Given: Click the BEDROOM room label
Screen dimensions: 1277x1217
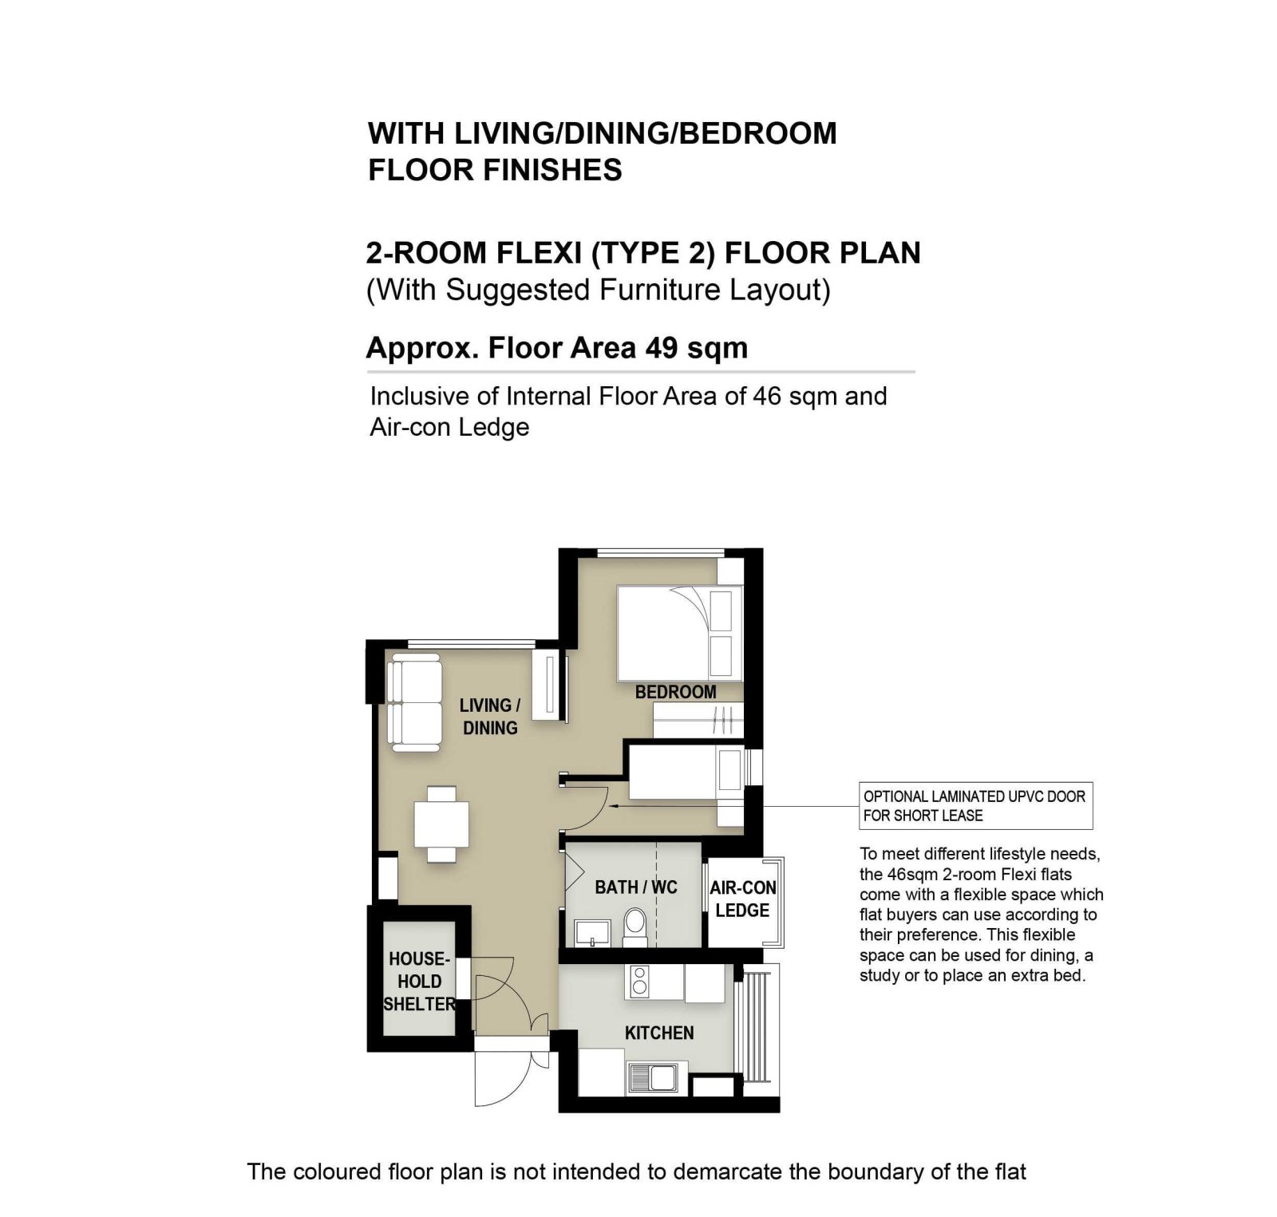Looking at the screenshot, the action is pyautogui.click(x=675, y=692).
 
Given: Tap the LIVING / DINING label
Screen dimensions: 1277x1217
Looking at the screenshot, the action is pyautogui.click(x=490, y=717).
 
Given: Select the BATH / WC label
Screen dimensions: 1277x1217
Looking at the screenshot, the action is pyautogui.click(x=636, y=887).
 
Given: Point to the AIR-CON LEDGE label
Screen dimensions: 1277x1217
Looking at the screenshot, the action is pyautogui.click(x=743, y=899).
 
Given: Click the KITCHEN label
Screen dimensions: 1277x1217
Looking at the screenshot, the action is pyautogui.click(x=659, y=1033).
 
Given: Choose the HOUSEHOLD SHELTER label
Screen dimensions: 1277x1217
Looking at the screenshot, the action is pyautogui.click(x=419, y=981).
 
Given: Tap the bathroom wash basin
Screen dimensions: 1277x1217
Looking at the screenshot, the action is pyautogui.click(x=592, y=932).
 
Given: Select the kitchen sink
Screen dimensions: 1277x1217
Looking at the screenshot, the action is pyautogui.click(x=652, y=1078).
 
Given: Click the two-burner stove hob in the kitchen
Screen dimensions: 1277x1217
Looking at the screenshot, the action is pyautogui.click(x=640, y=982).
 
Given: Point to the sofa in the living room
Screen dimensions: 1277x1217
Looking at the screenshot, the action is pyautogui.click(x=414, y=702).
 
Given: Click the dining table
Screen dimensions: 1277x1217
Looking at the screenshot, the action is pyautogui.click(x=441, y=824).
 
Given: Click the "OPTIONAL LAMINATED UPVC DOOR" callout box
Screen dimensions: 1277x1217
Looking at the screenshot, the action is pyautogui.click(x=975, y=806).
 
